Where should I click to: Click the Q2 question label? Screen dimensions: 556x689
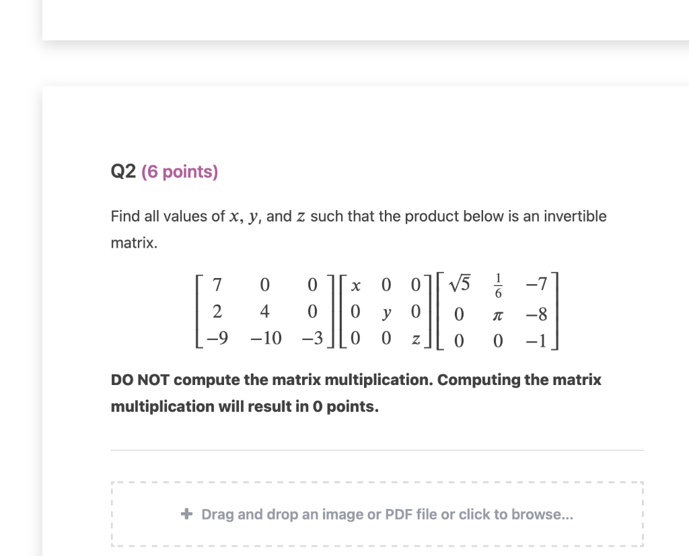pyautogui.click(x=124, y=172)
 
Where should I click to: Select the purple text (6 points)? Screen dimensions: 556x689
pyautogui.click(x=180, y=172)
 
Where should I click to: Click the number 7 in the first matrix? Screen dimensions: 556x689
pyautogui.click(x=217, y=285)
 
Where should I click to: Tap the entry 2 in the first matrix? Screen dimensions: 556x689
pyautogui.click(x=217, y=312)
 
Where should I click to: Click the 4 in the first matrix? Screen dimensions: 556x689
pyautogui.click(x=264, y=312)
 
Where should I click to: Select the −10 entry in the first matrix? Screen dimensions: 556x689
pyautogui.click(x=264, y=339)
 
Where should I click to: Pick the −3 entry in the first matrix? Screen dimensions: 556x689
pyautogui.click(x=307, y=339)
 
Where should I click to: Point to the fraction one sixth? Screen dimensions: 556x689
pyautogui.click(x=498, y=285)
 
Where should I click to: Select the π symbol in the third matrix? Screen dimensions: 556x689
pyautogui.click(x=498, y=313)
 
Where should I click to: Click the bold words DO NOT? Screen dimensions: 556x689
pyautogui.click(x=137, y=380)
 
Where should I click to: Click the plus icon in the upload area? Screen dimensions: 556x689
pyautogui.click(x=187, y=514)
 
